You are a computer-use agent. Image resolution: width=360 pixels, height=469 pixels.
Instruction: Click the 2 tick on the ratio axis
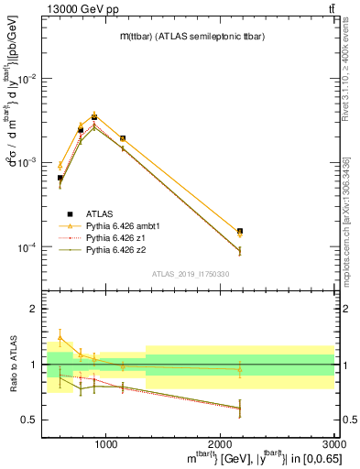point(35,309)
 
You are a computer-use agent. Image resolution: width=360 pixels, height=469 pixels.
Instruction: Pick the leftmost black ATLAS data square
point(60,178)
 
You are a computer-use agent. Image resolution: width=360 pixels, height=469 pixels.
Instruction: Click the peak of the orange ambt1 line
point(94,115)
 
